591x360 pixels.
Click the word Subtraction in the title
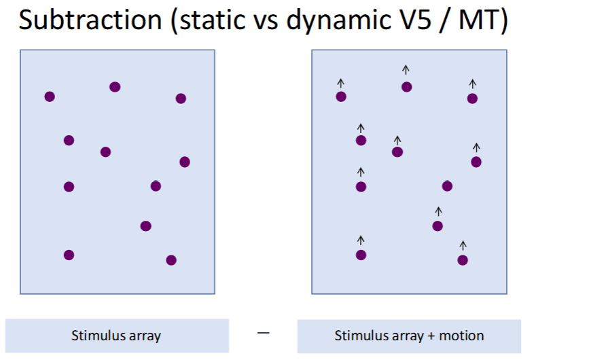(90, 20)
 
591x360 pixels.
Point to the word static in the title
(212, 20)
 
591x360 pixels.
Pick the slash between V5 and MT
(445, 21)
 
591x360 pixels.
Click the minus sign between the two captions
(263, 332)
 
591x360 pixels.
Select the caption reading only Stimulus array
(116, 336)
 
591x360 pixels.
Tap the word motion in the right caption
(461, 336)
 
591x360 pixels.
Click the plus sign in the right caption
(431, 336)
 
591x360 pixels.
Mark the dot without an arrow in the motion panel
(447, 186)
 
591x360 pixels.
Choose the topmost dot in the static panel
(115, 87)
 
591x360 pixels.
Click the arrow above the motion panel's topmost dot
(406, 70)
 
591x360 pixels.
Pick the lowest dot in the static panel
(171, 260)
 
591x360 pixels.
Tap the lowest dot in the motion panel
(463, 260)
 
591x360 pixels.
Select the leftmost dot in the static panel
(50, 97)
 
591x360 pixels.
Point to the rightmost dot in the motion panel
(476, 162)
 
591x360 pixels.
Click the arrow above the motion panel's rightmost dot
(476, 147)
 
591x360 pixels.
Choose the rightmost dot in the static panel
(185, 162)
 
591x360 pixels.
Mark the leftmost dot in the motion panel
(341, 97)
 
